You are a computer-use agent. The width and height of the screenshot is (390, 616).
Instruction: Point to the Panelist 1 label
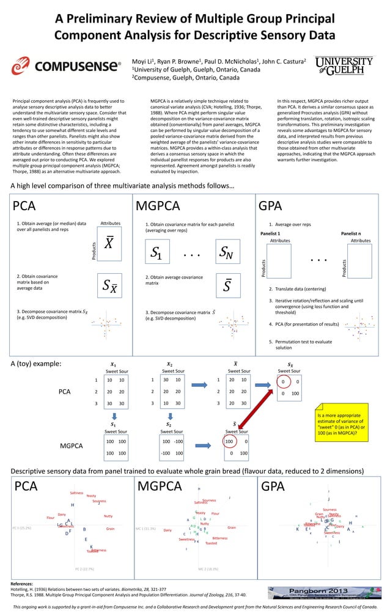point(270,233)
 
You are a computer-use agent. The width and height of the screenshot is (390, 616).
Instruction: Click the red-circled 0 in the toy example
point(282,383)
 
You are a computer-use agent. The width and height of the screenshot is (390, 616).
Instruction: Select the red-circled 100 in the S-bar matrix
point(229,441)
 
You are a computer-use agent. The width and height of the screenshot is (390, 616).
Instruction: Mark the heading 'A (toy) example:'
point(35,364)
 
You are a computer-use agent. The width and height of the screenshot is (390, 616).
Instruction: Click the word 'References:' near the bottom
point(23,584)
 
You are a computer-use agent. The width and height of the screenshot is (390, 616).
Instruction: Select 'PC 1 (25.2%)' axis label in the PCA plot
point(22,527)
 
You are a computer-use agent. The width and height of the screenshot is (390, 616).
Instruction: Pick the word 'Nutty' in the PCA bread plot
point(108,516)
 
